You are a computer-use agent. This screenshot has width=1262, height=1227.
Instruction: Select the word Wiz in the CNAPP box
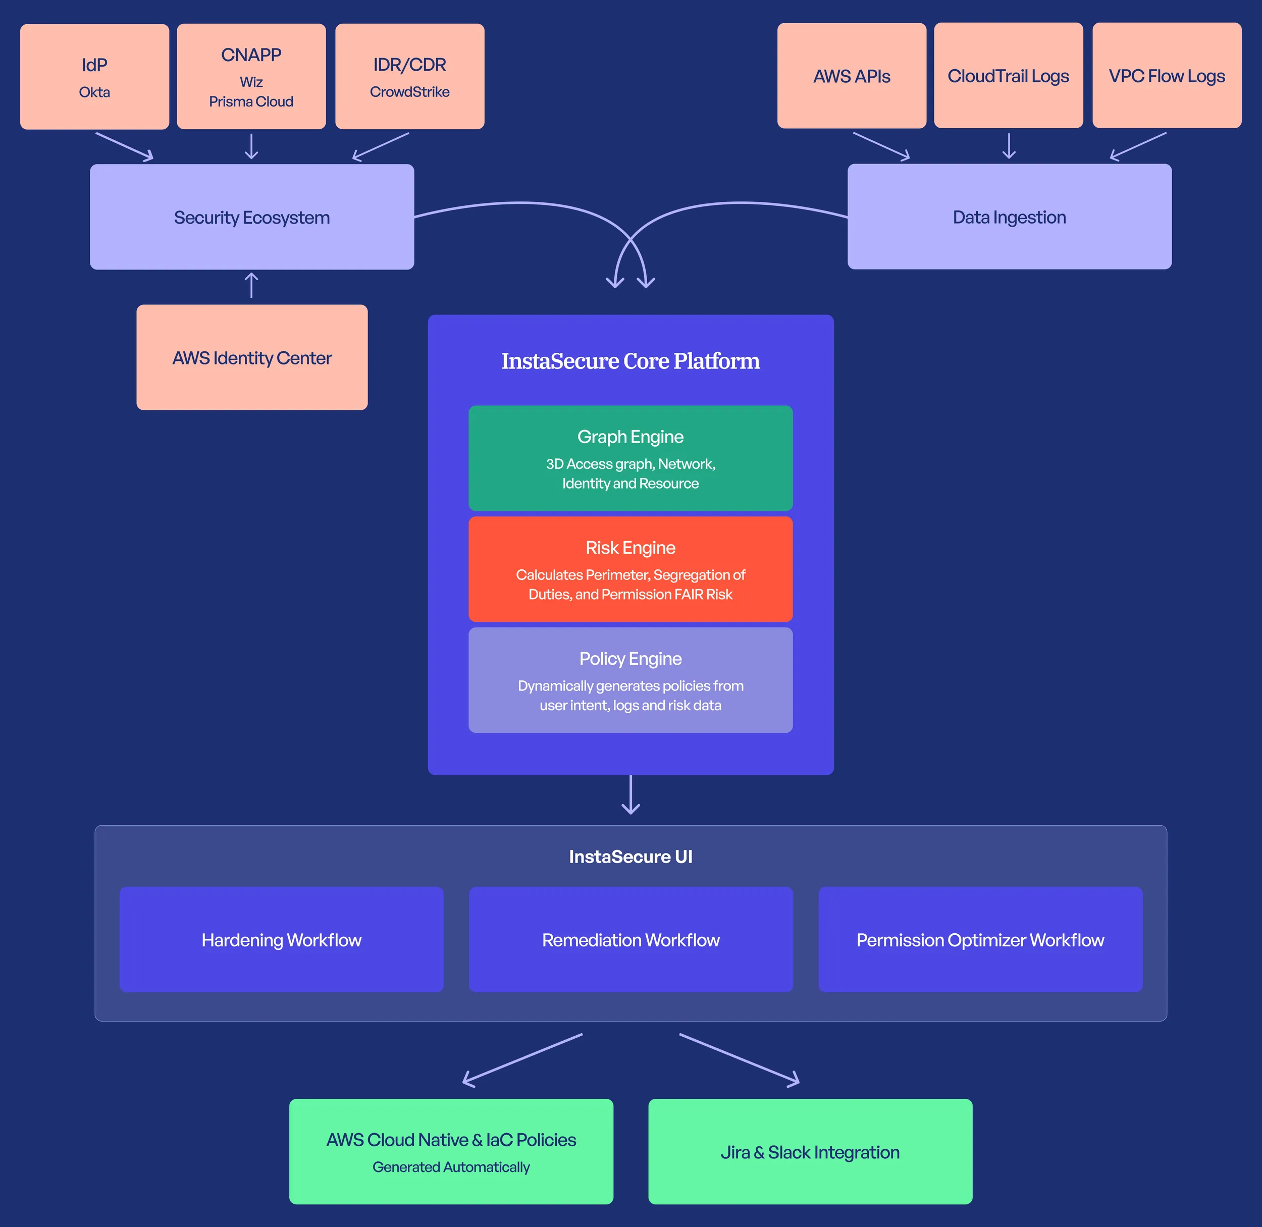click(251, 82)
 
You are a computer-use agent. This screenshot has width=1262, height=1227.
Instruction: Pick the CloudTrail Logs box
click(1008, 76)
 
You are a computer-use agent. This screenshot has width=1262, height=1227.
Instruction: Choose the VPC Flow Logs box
click(1166, 76)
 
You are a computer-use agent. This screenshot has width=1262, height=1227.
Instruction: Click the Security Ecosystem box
click(251, 217)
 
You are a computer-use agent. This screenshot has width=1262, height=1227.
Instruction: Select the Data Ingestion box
click(1009, 217)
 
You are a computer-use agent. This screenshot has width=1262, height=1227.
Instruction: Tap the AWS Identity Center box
click(251, 358)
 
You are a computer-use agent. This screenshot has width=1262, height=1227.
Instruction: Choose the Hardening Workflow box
click(281, 940)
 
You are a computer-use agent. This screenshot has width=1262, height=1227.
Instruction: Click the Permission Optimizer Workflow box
click(980, 940)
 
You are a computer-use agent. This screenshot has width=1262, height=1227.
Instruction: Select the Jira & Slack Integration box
click(810, 1152)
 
